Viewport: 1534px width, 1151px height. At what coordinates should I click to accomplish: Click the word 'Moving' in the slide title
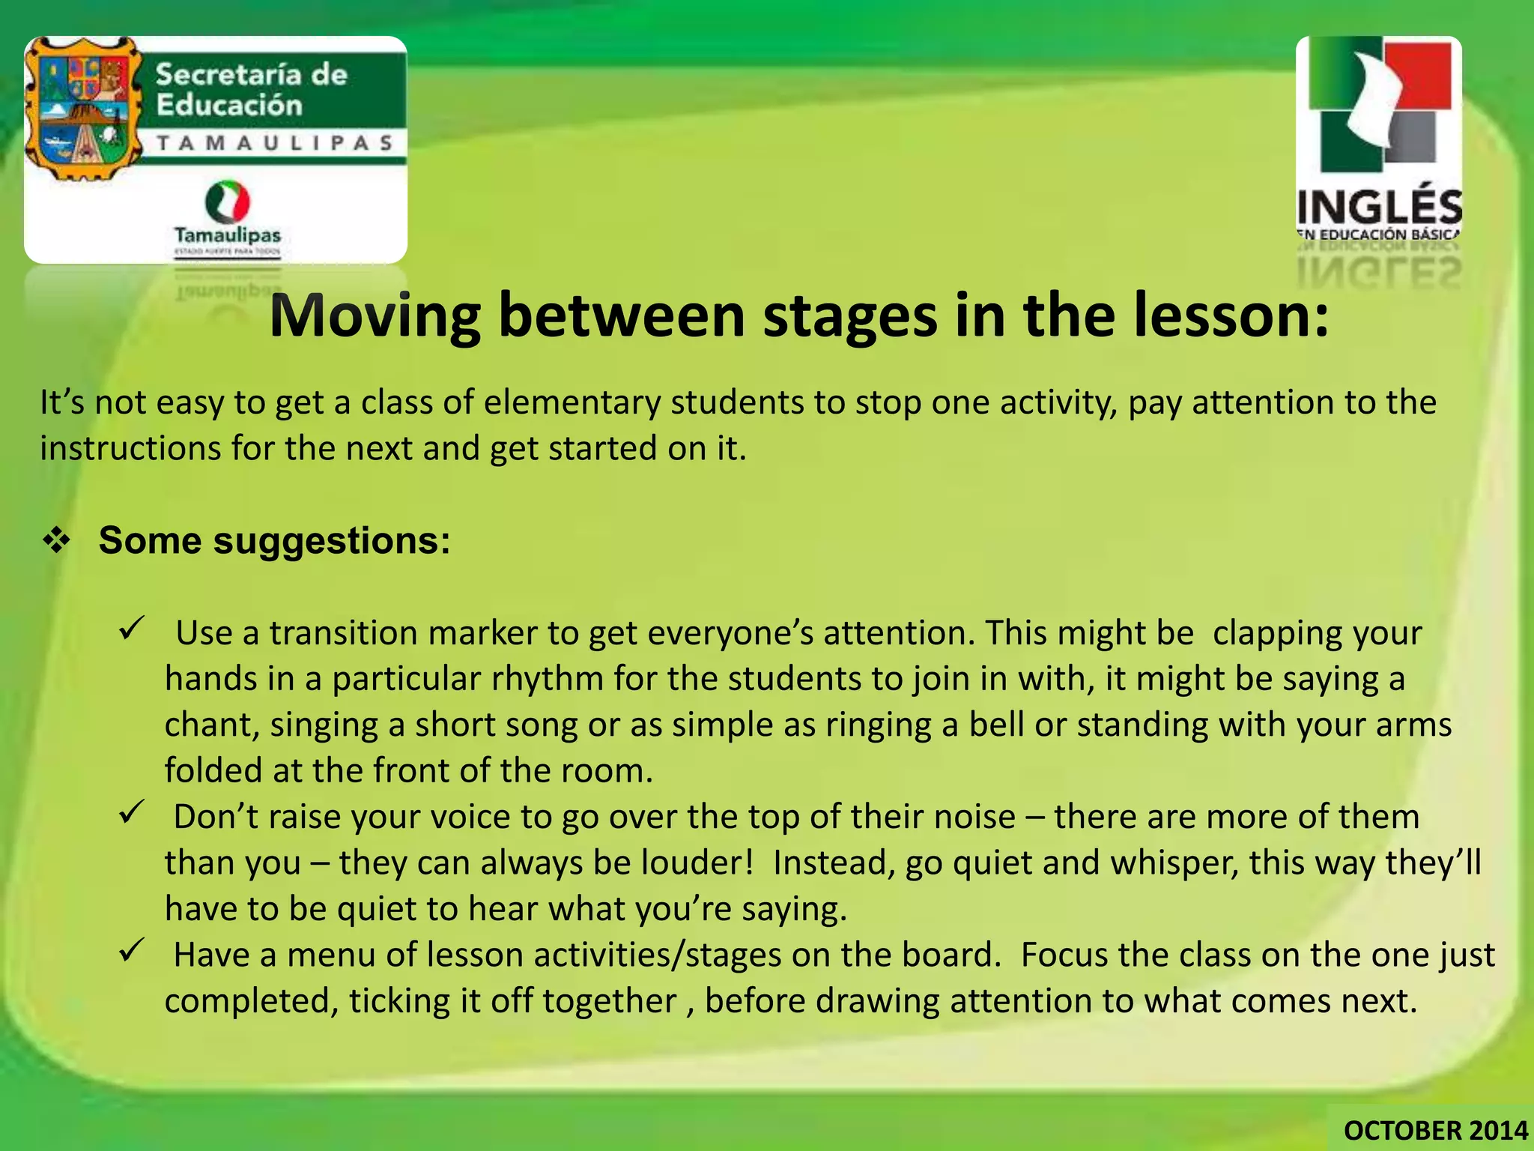point(375,316)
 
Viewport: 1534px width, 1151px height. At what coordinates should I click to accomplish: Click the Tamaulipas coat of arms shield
point(82,109)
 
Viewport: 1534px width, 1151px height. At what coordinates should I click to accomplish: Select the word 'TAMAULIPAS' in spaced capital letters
point(275,142)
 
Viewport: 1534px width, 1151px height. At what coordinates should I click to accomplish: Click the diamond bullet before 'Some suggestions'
point(56,541)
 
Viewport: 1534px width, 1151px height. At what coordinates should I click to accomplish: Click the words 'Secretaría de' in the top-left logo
point(252,75)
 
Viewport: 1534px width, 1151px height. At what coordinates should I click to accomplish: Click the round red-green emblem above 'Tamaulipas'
point(228,201)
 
